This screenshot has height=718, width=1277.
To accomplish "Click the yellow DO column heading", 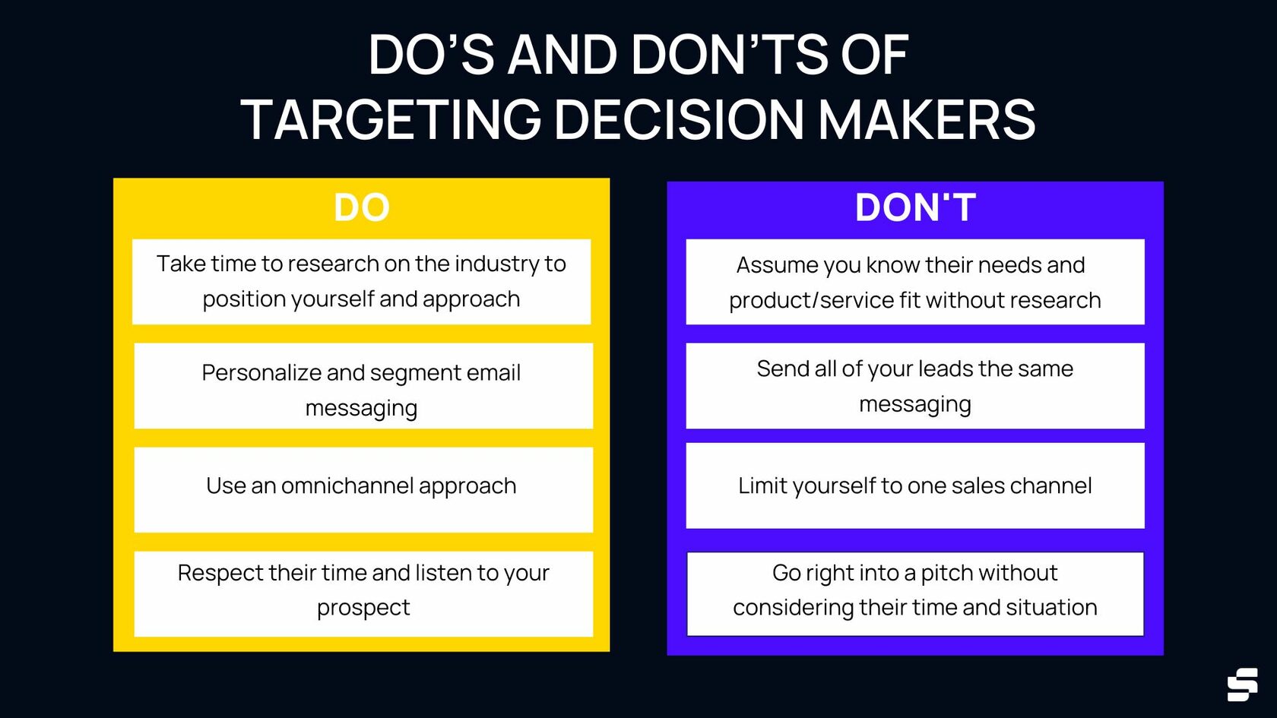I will click(x=361, y=207).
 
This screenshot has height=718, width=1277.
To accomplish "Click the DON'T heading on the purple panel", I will click(x=915, y=207).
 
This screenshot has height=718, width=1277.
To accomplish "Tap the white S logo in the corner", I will click(x=1242, y=685).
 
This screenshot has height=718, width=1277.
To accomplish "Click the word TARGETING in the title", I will click(x=391, y=120).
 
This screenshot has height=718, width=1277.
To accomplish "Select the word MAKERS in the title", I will click(x=927, y=120).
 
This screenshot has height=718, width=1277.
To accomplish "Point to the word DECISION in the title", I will click(x=679, y=120).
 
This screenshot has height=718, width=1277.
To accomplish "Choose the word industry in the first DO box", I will click(x=496, y=264).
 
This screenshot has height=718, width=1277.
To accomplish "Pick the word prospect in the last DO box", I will click(x=363, y=608).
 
